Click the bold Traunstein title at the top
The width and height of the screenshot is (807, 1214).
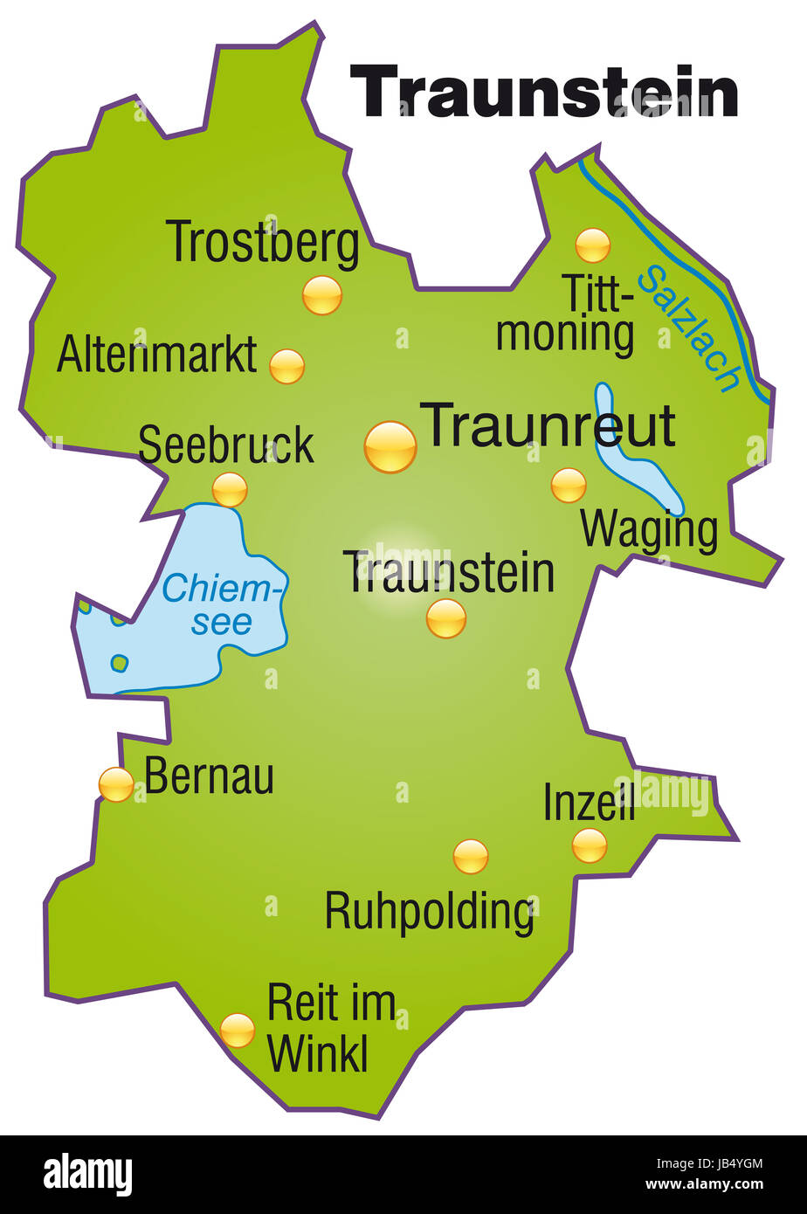coord(543,93)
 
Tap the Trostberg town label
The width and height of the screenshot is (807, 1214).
coord(262,243)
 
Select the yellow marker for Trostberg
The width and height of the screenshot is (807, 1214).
coord(321,295)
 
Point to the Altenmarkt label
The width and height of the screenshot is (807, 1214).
coord(157,355)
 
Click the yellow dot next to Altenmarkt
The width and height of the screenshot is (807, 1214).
coord(286,366)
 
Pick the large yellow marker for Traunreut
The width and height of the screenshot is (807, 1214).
coord(390,447)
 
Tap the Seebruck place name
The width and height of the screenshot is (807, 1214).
coord(225,445)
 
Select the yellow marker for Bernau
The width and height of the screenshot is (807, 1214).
coord(116,784)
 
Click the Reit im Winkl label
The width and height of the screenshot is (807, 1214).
coord(329,1028)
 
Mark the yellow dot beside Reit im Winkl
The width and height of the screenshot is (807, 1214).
coord(237,1031)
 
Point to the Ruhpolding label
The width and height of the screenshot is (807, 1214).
coord(429,913)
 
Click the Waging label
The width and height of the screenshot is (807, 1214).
coord(649,529)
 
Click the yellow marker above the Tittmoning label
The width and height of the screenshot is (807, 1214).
coord(592,245)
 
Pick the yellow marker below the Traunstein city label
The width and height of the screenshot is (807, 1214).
coord(445,618)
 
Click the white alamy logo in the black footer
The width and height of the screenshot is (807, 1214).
coord(87,1174)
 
